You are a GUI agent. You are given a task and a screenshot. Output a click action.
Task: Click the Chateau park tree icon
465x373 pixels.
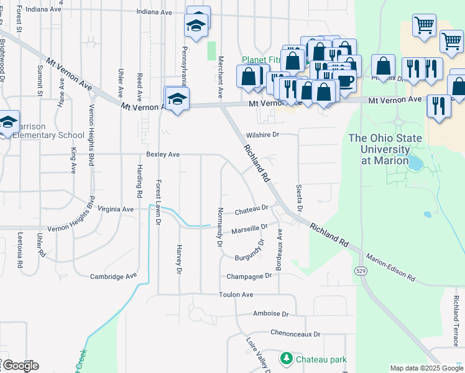coord(286,359)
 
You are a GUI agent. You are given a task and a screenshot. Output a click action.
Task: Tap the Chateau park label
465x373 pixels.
coord(321,359)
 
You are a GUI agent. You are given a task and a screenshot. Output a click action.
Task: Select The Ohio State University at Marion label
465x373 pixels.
coord(385,149)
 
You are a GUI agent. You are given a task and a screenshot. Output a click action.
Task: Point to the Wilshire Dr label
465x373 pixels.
coord(263,134)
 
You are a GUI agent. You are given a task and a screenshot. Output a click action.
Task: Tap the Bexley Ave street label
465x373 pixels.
coord(163,154)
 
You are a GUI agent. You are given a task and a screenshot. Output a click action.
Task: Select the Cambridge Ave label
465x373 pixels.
coord(113,277)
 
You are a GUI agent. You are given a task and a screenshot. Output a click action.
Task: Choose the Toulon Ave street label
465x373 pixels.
coord(236,294)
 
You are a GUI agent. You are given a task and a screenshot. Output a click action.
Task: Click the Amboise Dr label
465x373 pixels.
coord(271,314)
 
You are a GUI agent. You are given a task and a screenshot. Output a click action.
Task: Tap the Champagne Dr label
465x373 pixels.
coord(250,275)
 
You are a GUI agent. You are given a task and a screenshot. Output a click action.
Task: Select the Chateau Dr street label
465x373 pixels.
coord(251,210)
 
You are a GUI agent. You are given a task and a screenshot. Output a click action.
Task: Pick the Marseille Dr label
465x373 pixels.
coord(249,229)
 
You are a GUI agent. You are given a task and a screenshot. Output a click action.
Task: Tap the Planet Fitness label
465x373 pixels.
coord(261,60)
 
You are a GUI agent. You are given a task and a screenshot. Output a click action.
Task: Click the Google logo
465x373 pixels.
coord(20,366)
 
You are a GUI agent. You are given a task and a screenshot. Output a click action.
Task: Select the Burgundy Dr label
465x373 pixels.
coord(250,251)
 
